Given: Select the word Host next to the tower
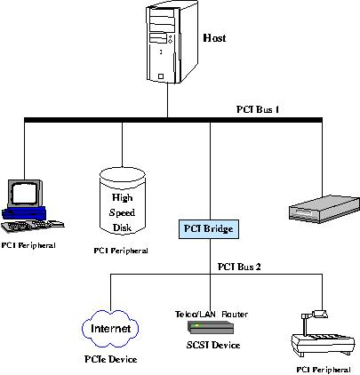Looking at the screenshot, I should click(213, 38).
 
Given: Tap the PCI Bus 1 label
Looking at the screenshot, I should click(260, 110).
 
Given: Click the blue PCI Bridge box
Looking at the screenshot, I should click(208, 229).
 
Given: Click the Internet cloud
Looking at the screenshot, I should click(111, 329).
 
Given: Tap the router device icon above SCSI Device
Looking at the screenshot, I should click(205, 328).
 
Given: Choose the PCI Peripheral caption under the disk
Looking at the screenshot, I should click(121, 251).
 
